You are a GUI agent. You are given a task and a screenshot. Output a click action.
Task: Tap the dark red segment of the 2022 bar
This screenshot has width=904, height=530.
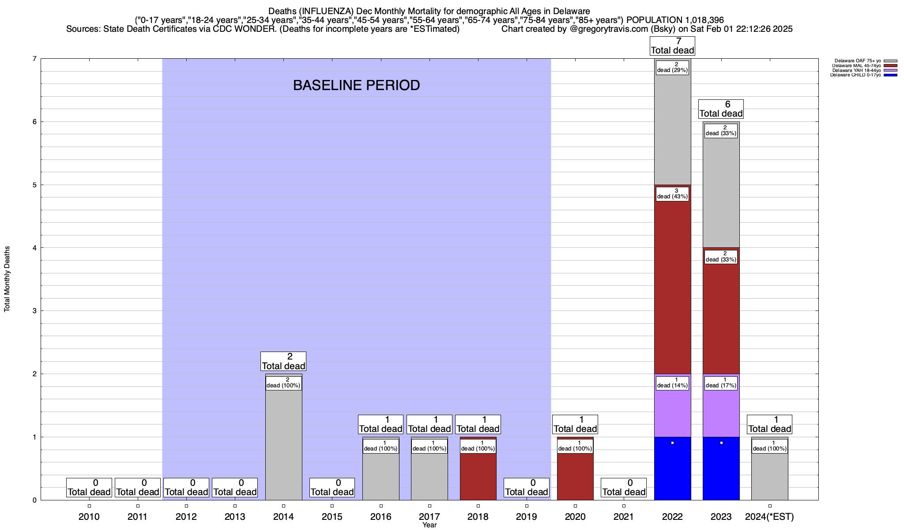coord(672,287)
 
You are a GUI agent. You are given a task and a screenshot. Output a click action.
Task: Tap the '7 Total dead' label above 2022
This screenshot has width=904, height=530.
coord(672,46)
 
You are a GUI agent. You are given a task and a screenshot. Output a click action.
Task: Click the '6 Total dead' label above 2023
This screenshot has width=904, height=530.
coord(721,109)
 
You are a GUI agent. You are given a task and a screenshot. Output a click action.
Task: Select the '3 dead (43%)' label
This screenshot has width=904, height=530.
coord(672,194)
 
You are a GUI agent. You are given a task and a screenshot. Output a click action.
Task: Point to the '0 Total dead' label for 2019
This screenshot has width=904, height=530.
coord(527,488)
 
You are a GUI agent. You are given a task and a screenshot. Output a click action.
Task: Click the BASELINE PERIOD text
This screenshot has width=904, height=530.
coord(356,85)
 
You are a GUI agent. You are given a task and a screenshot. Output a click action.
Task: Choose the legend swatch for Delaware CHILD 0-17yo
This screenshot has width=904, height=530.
coord(890,75)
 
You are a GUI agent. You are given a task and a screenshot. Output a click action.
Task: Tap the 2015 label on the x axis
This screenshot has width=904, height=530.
coord(332,517)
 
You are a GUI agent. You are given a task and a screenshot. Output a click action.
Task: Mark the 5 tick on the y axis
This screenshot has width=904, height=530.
coord(34,185)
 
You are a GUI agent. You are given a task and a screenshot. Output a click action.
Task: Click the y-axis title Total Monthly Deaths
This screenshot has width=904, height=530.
coord(7,279)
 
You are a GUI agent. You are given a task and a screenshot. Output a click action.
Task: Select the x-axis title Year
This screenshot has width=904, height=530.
coord(429,525)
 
